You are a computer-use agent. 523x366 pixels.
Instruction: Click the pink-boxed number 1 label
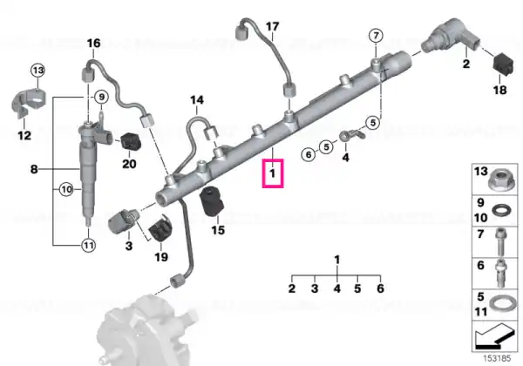(x=273, y=173)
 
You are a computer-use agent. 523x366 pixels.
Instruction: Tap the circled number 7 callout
(x=376, y=36)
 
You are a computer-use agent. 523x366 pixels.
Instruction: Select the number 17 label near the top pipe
(x=273, y=26)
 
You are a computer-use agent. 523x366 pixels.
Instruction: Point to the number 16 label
(x=93, y=43)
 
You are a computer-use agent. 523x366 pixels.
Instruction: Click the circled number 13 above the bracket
(x=37, y=71)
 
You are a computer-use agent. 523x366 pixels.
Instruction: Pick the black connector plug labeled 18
(x=503, y=64)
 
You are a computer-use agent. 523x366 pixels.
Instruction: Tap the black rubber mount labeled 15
(x=212, y=201)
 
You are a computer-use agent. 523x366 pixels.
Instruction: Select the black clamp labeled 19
(x=160, y=228)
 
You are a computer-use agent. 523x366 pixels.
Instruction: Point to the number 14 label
(x=197, y=100)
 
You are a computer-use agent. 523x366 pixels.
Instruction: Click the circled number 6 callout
(x=309, y=154)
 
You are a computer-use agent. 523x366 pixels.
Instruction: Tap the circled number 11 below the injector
(x=88, y=246)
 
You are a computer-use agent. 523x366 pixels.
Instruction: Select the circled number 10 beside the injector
(x=67, y=190)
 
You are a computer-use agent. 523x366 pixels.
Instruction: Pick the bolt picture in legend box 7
(x=501, y=242)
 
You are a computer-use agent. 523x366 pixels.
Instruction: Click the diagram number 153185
(x=497, y=359)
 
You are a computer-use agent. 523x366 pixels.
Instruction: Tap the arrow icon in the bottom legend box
(x=495, y=335)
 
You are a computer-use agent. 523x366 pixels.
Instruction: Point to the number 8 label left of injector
(x=34, y=169)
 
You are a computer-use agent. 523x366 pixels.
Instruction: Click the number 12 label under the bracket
(x=24, y=135)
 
